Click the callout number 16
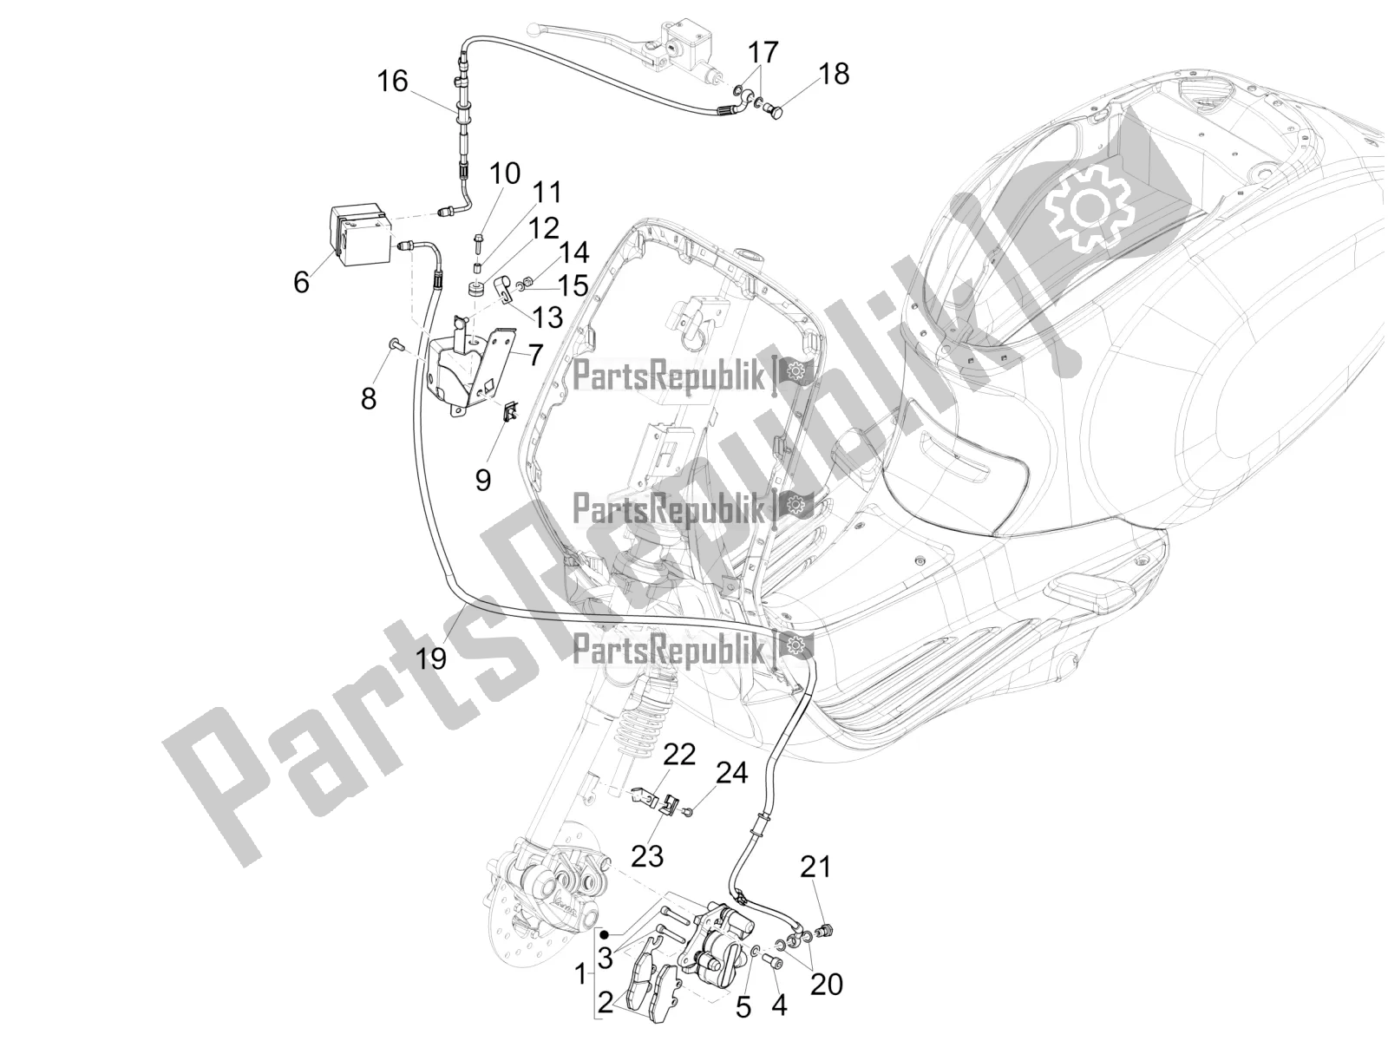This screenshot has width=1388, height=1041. [x=392, y=82]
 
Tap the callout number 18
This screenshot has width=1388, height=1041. [x=834, y=74]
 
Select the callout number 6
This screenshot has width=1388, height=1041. [x=301, y=282]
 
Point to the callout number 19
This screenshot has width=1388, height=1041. [x=431, y=658]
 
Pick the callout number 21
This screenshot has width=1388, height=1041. [x=815, y=867]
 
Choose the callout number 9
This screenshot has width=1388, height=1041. [x=483, y=479]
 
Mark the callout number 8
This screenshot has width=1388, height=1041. [x=369, y=399]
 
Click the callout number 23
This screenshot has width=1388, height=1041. [x=647, y=855]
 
